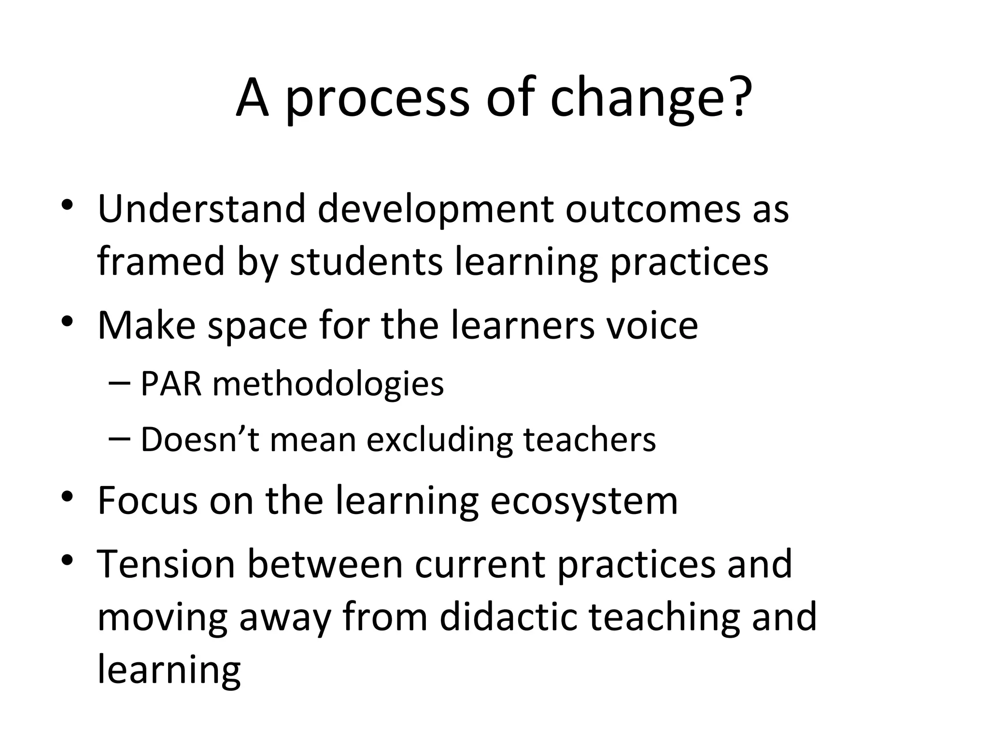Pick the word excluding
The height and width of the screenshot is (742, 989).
(x=439, y=440)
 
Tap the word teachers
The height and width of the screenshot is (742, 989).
(x=590, y=440)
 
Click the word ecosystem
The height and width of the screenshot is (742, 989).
(x=584, y=501)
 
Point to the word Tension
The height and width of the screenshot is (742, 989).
(x=166, y=564)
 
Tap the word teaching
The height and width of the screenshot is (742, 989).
(x=664, y=618)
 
